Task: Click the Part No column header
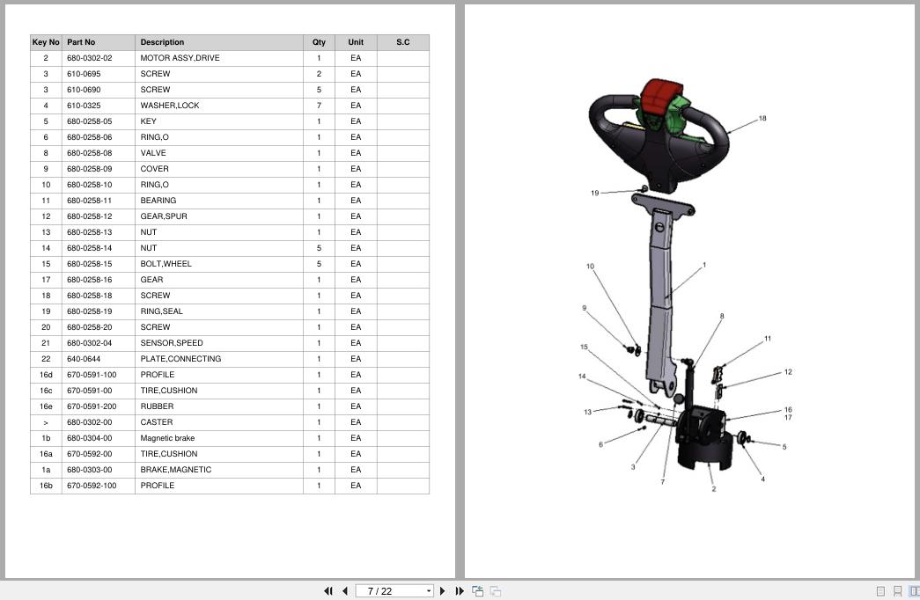81,42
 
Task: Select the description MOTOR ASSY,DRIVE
180,58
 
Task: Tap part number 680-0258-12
89,216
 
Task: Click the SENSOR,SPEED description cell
172,343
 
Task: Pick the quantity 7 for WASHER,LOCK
319,106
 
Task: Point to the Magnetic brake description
167,438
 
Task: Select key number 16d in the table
46,375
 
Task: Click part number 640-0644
84,359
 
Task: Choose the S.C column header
402,42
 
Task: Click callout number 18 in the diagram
762,119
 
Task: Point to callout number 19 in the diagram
594,193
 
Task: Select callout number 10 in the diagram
590,267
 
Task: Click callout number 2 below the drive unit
713,489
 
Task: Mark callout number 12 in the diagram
787,372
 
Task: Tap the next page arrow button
443,591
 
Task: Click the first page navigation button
328,591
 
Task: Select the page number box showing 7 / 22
394,591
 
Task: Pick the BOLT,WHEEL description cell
166,264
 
